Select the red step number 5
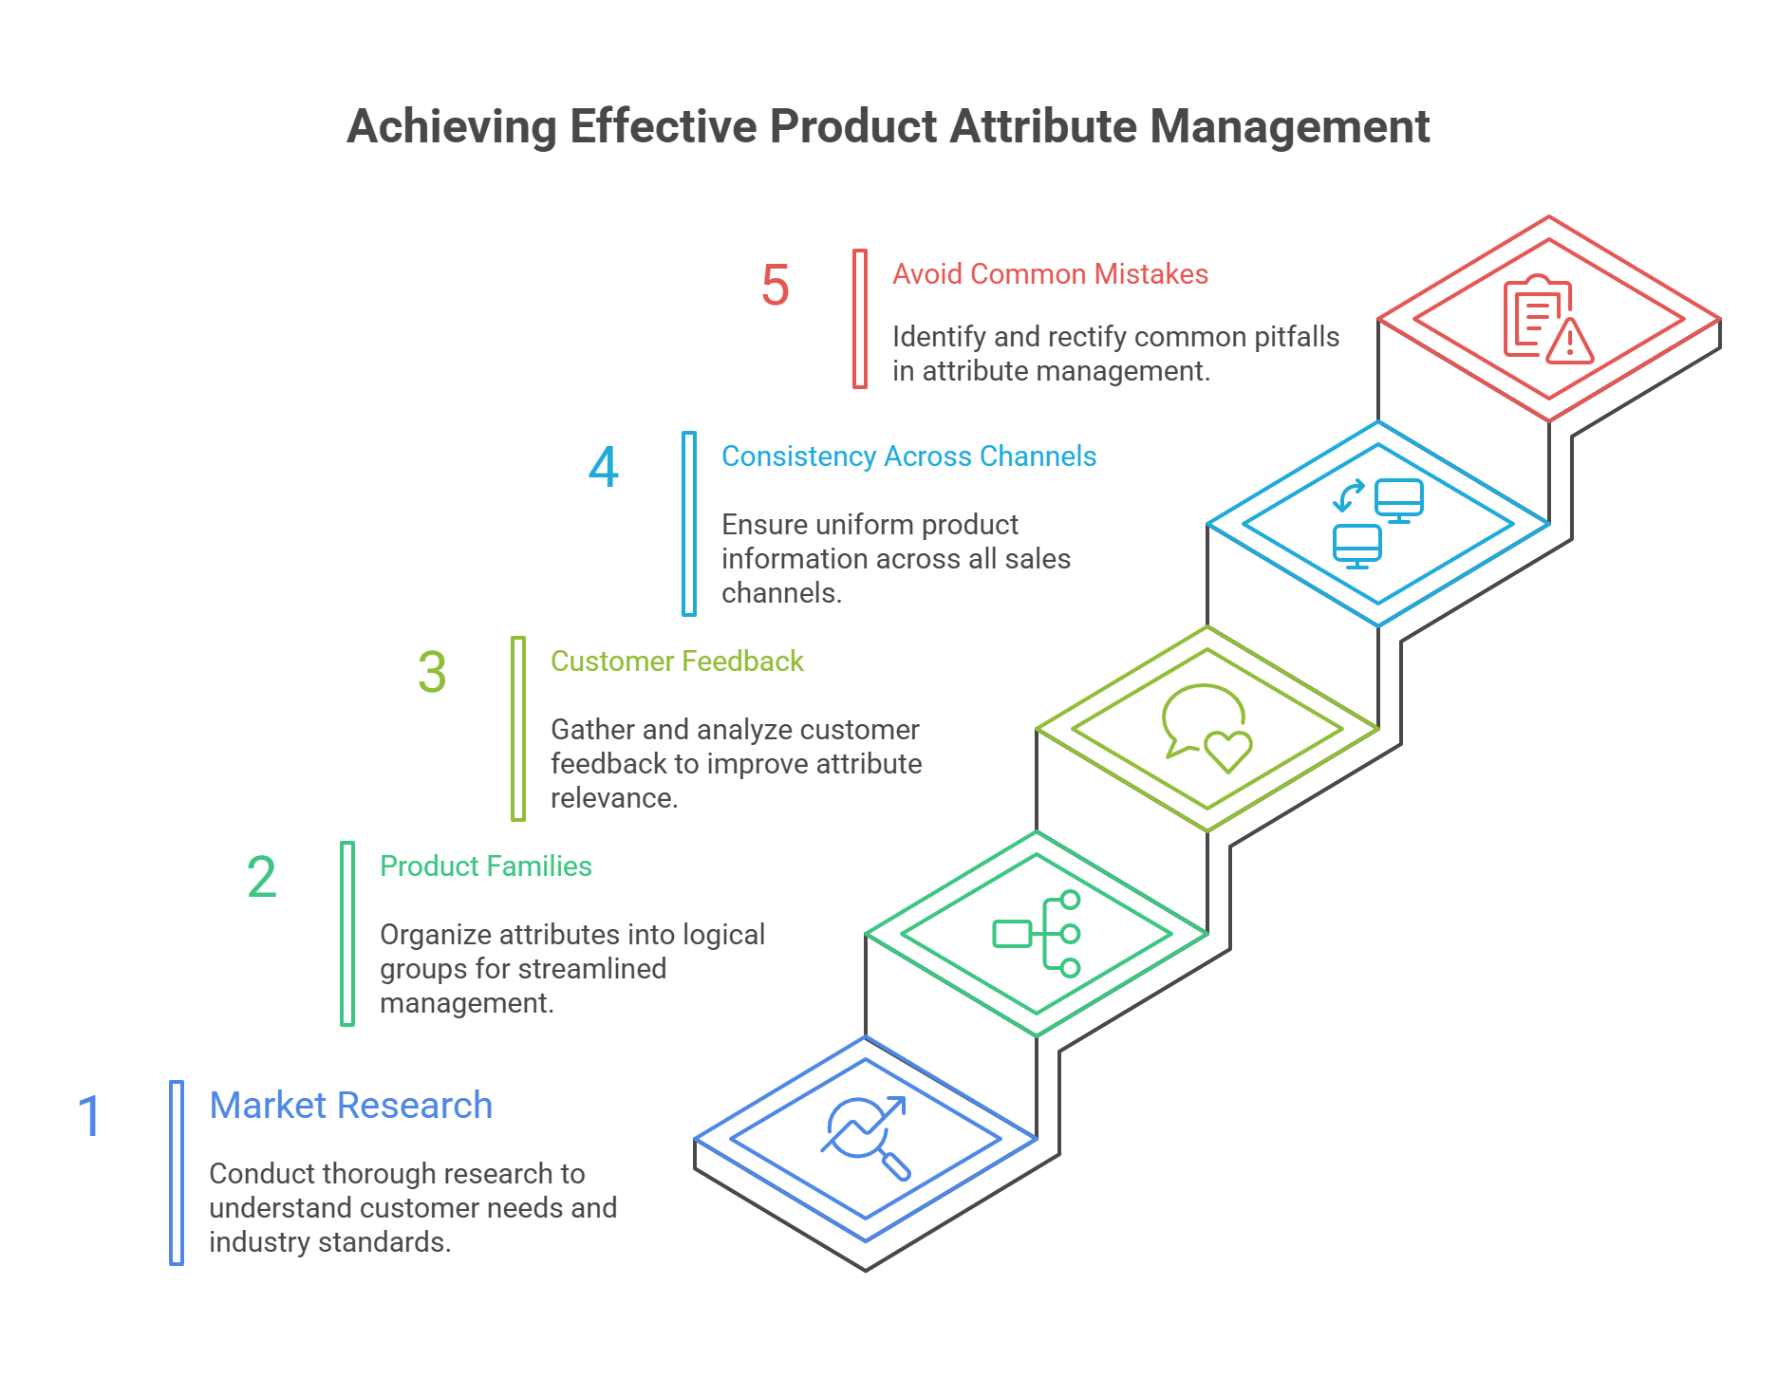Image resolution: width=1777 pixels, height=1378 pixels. tap(775, 286)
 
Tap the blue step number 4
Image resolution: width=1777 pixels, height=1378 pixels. tap(604, 468)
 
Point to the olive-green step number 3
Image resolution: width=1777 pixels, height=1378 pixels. tap(432, 672)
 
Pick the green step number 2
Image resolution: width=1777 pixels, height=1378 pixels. tap(261, 877)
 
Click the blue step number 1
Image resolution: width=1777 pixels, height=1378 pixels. tap(89, 1116)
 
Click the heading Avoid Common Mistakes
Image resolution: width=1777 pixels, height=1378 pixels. tap(1050, 274)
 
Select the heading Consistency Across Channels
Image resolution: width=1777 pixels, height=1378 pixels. tap(908, 456)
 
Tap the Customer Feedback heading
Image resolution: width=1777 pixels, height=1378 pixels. tap(677, 661)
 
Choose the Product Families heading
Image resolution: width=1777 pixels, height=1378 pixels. tap(485, 866)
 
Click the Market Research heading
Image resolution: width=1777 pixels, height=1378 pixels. tap(350, 1106)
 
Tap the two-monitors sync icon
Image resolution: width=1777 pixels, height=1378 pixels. tap(1377, 523)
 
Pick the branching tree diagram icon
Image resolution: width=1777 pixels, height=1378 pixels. tap(1037, 934)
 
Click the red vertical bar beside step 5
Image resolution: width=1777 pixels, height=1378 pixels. tap(860, 319)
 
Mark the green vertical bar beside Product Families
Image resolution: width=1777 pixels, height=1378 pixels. tap(347, 934)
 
